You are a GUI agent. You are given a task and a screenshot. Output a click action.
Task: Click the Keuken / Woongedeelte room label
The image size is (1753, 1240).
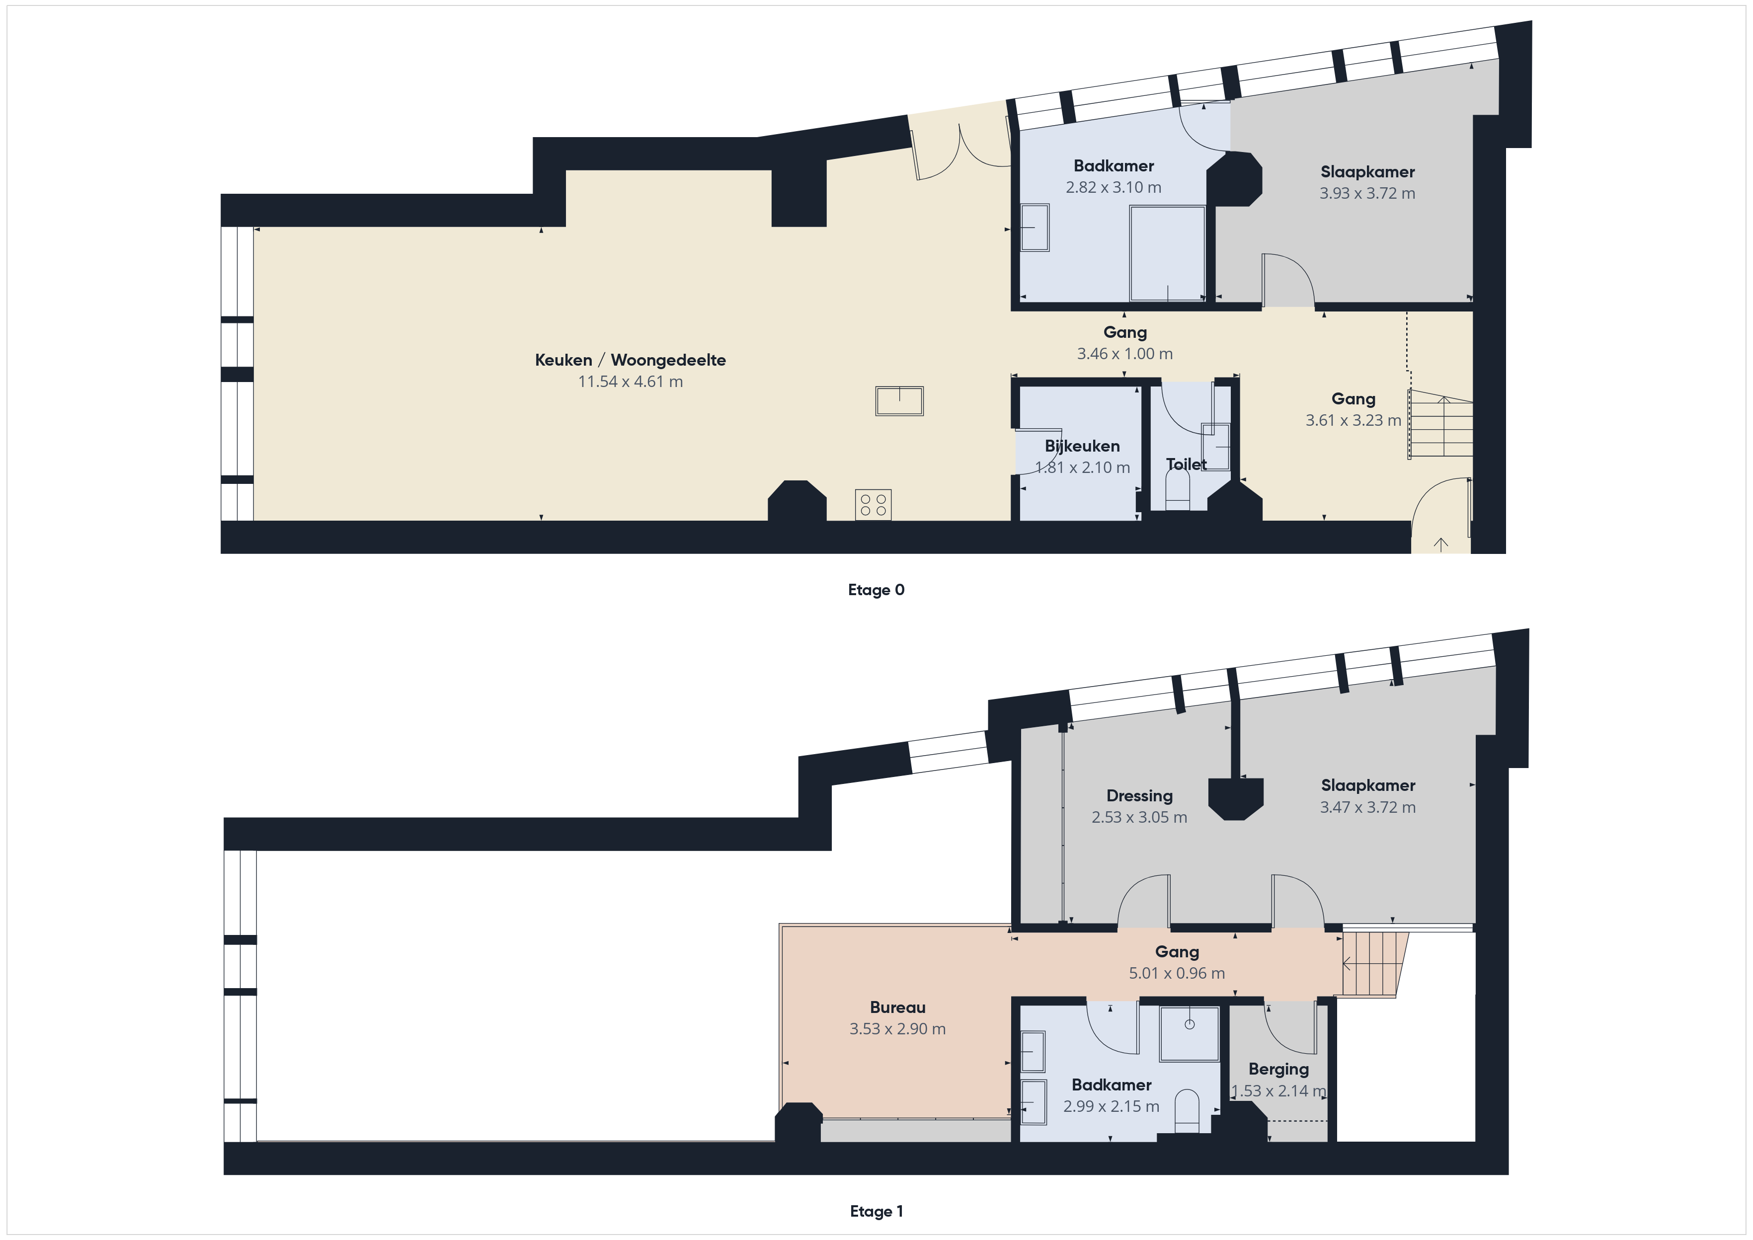(x=630, y=360)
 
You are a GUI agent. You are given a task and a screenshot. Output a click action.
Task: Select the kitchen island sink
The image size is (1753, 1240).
(x=899, y=401)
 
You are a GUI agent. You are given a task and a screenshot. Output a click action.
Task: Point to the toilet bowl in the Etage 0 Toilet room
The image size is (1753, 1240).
(x=1178, y=489)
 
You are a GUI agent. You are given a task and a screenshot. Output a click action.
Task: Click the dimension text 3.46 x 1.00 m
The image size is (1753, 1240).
(x=1124, y=354)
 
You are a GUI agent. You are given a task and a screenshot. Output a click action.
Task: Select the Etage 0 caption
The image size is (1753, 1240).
(x=876, y=590)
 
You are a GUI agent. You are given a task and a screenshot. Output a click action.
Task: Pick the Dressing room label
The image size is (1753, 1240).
(x=1139, y=795)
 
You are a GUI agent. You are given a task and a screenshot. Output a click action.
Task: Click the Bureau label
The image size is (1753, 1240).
(x=897, y=1007)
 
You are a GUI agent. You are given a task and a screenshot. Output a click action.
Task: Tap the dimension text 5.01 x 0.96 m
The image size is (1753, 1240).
(x=1177, y=973)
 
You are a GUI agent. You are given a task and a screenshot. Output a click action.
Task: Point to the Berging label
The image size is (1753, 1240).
(x=1278, y=1069)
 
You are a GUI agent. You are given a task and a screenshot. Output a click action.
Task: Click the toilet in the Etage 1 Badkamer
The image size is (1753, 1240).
(x=1187, y=1111)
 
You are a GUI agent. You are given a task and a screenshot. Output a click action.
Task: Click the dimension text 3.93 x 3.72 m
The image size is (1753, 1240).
(x=1366, y=193)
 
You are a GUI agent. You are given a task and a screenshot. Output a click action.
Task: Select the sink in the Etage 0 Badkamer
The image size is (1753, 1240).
(x=1035, y=228)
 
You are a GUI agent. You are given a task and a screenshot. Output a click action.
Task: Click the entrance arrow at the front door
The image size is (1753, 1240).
(x=1441, y=543)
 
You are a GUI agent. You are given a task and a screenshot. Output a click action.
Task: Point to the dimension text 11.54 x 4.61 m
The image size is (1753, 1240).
(x=630, y=381)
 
